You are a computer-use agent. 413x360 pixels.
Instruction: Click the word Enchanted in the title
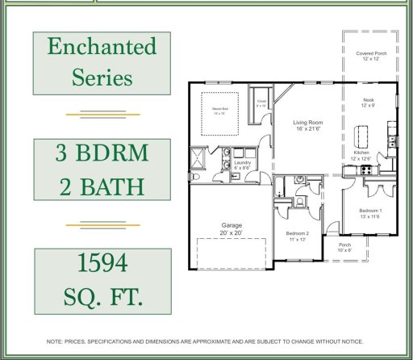point(102,47)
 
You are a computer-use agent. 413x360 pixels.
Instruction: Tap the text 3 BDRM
point(102,153)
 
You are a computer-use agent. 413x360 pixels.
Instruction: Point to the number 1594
point(102,263)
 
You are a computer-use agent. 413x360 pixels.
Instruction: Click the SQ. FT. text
point(102,296)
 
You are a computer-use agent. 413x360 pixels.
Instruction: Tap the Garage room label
point(232,225)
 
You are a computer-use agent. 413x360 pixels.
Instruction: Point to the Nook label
point(368,99)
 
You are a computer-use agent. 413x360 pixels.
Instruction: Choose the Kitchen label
point(361,152)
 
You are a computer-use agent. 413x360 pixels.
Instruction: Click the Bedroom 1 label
point(370,211)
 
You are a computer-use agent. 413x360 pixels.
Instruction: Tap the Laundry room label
point(243,162)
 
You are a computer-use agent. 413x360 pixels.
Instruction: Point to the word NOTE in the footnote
point(56,341)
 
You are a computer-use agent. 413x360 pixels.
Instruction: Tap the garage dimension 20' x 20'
point(232,232)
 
